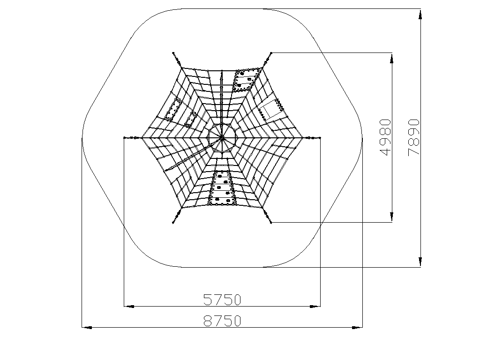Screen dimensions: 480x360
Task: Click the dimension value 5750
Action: click(223, 300)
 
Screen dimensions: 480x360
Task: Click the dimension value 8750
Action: click(223, 321)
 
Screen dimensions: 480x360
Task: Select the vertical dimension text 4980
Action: click(385, 137)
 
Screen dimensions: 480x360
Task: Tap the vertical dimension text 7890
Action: click(413, 137)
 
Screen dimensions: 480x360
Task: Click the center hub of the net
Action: click(222, 138)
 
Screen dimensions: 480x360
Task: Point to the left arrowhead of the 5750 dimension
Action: click(129, 306)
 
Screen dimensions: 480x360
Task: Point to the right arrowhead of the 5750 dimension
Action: click(315, 306)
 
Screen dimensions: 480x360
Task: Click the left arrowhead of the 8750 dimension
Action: click(87, 328)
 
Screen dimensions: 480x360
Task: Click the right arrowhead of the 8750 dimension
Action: click(357, 328)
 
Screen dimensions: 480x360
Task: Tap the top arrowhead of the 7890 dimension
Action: click(420, 14)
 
